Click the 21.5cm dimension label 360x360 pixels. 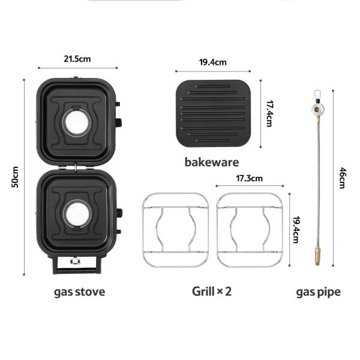(x=77, y=59)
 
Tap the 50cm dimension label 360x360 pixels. (x=15, y=177)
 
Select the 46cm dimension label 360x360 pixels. (x=342, y=178)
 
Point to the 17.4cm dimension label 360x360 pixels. (x=269, y=113)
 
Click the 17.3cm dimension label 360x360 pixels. (x=250, y=178)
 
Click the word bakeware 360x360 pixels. (x=212, y=162)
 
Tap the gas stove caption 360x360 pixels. (x=79, y=292)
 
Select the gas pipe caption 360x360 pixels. (x=318, y=292)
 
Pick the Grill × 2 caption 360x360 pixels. (x=212, y=292)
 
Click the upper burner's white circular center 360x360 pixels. (x=76, y=122)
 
